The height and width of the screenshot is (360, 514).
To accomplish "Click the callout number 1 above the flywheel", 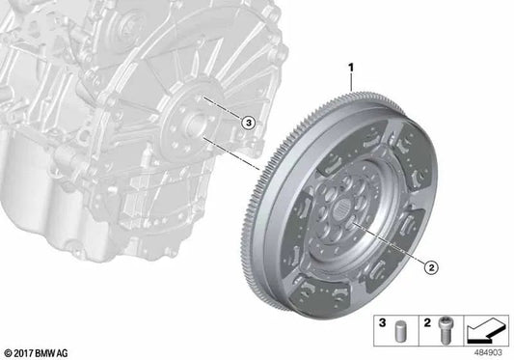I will pyautogui.click(x=351, y=69).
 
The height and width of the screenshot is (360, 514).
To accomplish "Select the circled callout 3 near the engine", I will pyautogui.click(x=247, y=123).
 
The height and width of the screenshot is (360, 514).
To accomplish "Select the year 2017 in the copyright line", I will pyautogui.click(x=23, y=351).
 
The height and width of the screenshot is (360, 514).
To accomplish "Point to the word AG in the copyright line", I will pyautogui.click(x=65, y=351).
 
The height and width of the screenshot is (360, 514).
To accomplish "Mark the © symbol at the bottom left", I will pyautogui.click(x=8, y=351).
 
